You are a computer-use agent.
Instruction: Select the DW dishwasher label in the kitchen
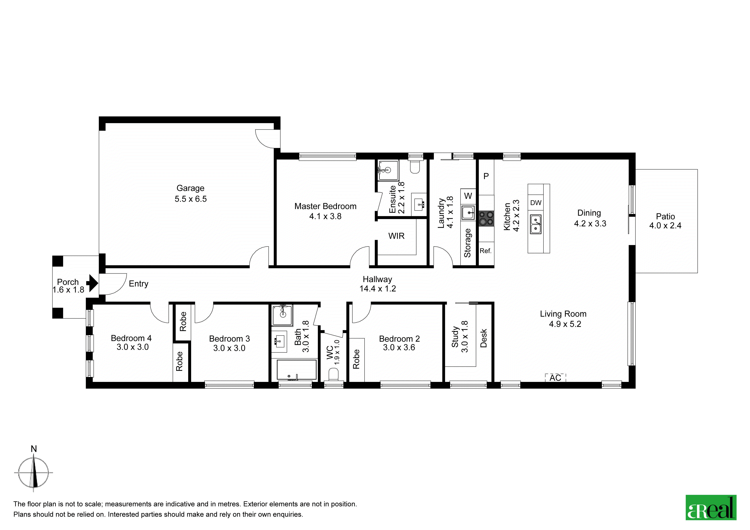536,203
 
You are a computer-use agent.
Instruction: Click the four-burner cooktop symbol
486,218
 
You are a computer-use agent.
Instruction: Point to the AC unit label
555,378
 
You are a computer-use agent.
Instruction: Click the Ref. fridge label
485,251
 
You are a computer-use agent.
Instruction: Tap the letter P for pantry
486,176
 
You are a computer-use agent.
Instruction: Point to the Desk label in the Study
484,338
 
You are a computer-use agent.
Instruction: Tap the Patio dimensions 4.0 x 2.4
665,226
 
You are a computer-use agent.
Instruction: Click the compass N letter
34,449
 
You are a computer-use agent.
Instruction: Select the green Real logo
711,508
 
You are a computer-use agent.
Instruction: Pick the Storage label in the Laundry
467,243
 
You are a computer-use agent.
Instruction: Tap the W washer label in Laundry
468,196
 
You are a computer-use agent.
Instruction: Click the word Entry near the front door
139,284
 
